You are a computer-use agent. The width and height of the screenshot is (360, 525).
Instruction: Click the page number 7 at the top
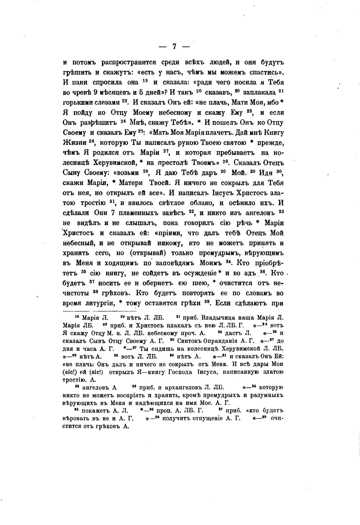click(174, 46)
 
